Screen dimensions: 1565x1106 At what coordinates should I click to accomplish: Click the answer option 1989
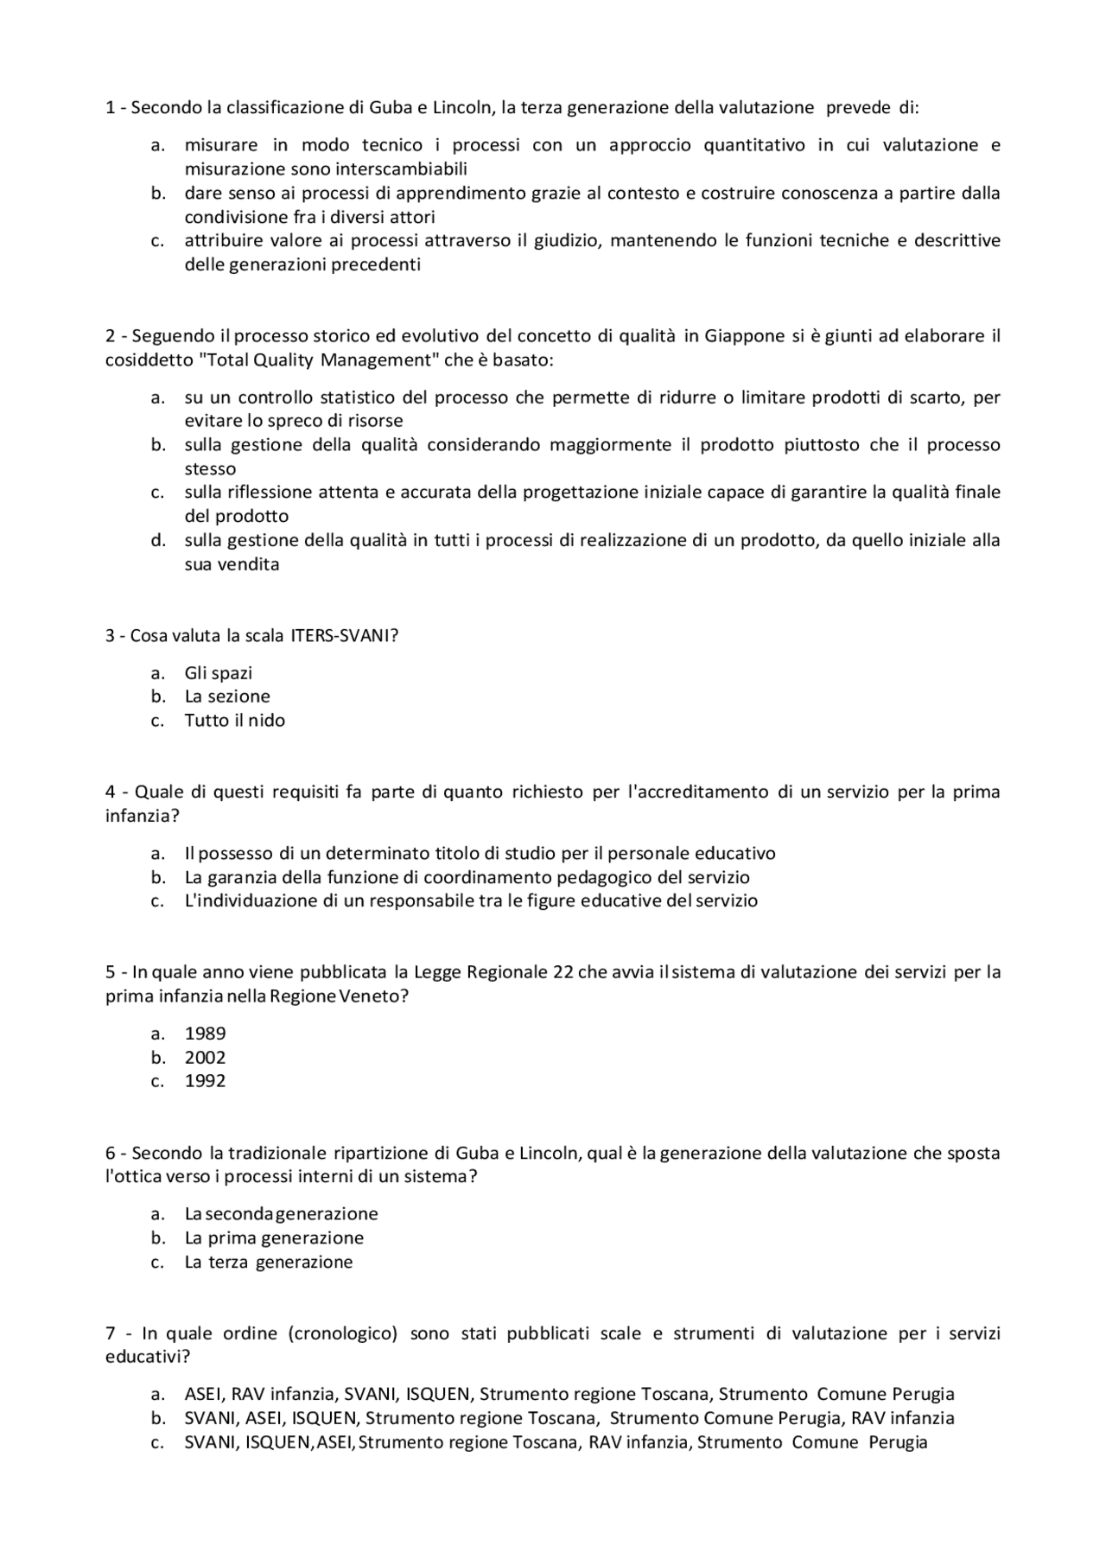(205, 1034)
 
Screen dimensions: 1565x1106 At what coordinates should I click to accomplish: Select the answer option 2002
(205, 1058)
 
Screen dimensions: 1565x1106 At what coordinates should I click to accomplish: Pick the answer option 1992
(205, 1081)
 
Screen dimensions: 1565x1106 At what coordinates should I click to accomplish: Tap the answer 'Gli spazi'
(218, 673)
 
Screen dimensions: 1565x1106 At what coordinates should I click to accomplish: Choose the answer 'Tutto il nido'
(234, 721)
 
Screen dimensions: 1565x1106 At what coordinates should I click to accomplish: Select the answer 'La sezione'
(226, 697)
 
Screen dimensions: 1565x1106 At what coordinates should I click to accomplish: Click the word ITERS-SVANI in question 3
(344, 636)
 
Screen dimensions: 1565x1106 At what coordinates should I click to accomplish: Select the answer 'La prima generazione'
(274, 1238)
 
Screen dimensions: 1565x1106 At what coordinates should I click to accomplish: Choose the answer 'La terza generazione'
(268, 1263)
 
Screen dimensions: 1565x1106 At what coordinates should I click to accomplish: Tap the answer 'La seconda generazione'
(281, 1214)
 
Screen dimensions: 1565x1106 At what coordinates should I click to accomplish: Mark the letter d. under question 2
(157, 541)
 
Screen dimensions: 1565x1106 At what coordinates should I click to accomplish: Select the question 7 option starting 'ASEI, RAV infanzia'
(569, 1394)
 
